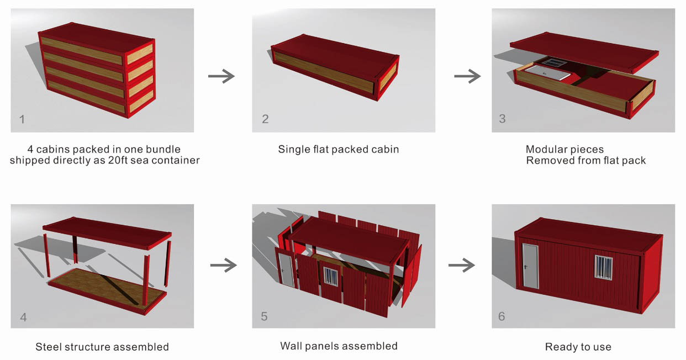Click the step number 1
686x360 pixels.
click(x=22, y=119)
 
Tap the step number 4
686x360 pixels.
click(x=23, y=317)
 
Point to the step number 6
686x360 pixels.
click(x=502, y=316)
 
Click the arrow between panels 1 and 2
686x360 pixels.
click(x=221, y=76)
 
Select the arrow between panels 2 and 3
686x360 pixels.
click(x=467, y=76)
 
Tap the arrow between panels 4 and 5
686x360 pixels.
click(x=223, y=266)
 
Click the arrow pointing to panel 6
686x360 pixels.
click(x=461, y=266)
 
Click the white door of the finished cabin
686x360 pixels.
click(x=530, y=265)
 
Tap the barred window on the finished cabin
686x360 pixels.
click(x=604, y=267)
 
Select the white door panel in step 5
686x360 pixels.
click(x=286, y=268)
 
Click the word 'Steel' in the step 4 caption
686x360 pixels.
click(x=50, y=347)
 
